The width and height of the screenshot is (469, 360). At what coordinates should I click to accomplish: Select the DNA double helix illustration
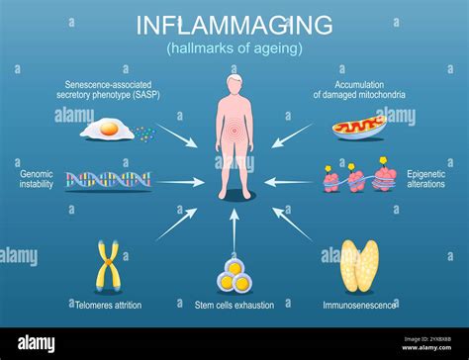109,181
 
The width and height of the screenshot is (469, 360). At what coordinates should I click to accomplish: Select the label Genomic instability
37,179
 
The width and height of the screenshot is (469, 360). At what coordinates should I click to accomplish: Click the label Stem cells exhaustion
234,306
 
